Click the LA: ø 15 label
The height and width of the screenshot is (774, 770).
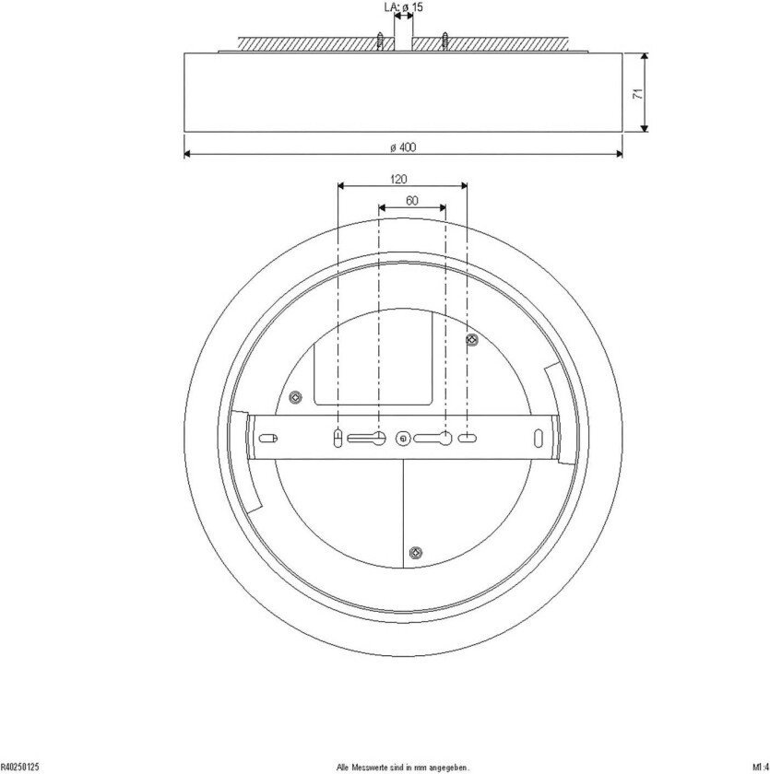(x=403, y=7)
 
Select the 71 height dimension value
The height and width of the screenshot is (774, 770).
(x=636, y=92)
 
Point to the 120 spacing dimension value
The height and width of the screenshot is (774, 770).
(x=399, y=180)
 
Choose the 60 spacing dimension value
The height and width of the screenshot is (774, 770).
(x=412, y=200)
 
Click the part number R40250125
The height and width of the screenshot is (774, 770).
(x=19, y=766)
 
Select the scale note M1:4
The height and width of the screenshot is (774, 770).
(x=760, y=766)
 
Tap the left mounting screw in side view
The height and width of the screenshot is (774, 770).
(x=380, y=42)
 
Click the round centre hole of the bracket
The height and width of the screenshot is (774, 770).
(x=401, y=439)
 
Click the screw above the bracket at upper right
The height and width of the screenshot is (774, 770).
(x=472, y=341)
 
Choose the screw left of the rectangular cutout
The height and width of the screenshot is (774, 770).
(x=295, y=397)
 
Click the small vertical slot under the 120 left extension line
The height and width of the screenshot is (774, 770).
(x=338, y=438)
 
